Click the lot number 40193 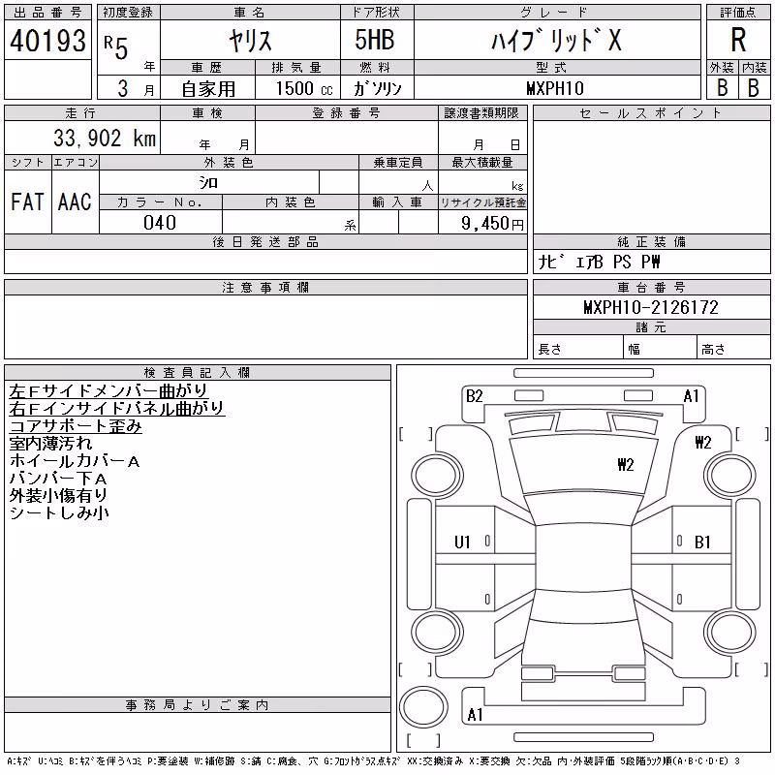[x=47, y=41]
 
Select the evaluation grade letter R [x=738, y=40]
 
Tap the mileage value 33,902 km [x=105, y=138]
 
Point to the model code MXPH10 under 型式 [x=555, y=88]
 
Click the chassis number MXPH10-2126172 [x=651, y=307]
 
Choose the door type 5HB [x=375, y=40]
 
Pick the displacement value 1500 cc [x=304, y=88]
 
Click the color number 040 [x=160, y=223]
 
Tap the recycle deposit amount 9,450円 [x=492, y=223]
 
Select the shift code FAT [x=28, y=201]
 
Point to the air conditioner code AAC [x=75, y=201]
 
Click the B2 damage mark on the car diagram [x=474, y=396]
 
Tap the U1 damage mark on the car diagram [x=462, y=542]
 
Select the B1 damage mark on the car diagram [x=702, y=542]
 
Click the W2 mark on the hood [x=626, y=465]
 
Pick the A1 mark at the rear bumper [x=475, y=714]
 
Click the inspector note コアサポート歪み [x=76, y=426]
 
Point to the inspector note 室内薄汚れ [x=50, y=444]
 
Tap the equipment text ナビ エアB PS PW [x=599, y=262]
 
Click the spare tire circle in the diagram [x=424, y=706]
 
